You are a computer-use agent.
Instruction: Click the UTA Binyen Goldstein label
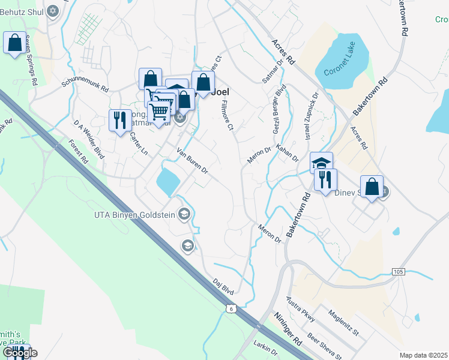[137, 214]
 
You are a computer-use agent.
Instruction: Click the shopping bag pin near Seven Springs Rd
[14, 44]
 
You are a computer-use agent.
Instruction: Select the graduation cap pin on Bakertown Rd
[321, 163]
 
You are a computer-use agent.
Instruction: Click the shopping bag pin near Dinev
[372, 187]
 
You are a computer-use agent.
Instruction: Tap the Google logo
[20, 353]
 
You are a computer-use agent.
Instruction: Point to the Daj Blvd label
[223, 284]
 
